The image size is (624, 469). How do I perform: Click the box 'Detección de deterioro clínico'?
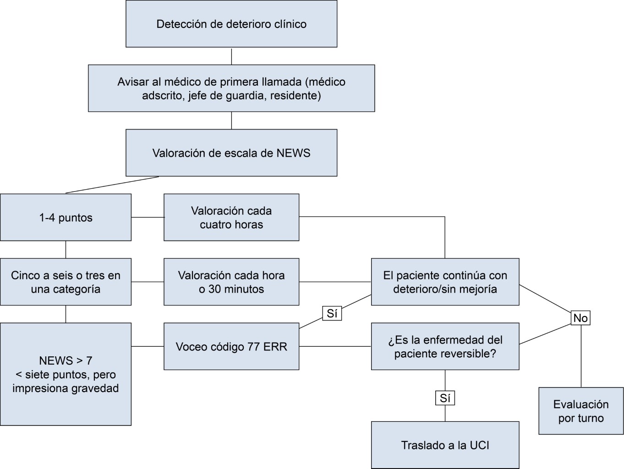pos(231,24)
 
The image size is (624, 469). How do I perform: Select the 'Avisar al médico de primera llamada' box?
pos(231,88)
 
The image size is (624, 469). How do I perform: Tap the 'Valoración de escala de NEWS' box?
pos(231,153)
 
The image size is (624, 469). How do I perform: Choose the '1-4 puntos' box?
pos(66,218)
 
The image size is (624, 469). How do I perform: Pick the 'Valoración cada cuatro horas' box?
pos(231,218)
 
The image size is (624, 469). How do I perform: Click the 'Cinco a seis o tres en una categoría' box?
pos(66,282)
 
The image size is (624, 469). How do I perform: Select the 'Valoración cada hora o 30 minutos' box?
pos(231,282)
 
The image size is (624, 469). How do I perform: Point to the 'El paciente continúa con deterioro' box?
pos(445,282)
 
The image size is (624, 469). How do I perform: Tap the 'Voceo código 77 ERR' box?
pos(231,347)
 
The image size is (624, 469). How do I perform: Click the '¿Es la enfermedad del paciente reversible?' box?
pos(445,347)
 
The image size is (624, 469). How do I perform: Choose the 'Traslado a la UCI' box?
pos(445,445)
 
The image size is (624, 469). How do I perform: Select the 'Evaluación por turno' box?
pos(581,411)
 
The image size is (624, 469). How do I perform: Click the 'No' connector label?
pos(580,318)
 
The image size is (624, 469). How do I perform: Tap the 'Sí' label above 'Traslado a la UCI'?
pos(445,398)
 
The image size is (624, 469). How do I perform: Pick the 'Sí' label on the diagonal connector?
pos(332,313)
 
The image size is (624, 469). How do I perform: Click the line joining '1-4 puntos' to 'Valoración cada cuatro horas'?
pos(148,217)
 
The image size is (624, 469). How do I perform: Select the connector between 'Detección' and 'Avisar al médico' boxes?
pos(231,56)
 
